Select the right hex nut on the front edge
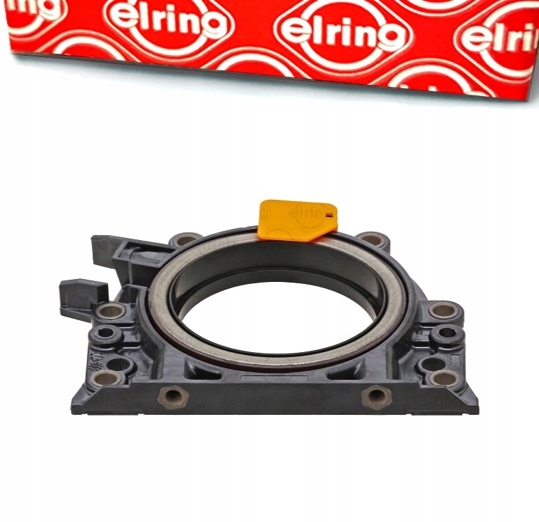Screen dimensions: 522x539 [x=377, y=397]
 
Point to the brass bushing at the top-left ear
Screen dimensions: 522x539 [x=186, y=240]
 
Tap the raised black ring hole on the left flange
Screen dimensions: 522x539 [x=107, y=335]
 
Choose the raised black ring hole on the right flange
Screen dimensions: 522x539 [x=446, y=335]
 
